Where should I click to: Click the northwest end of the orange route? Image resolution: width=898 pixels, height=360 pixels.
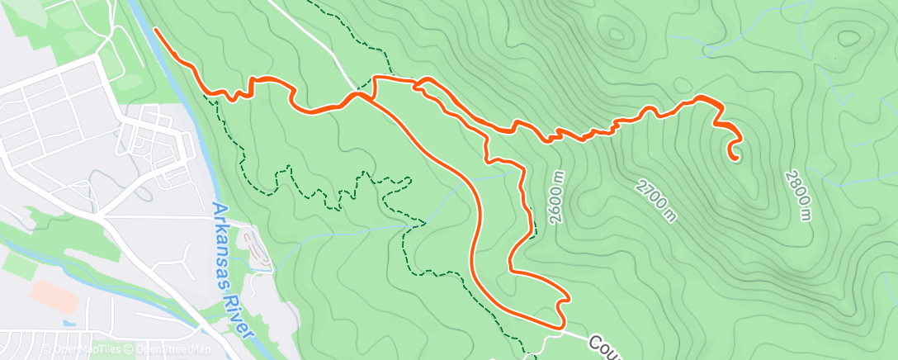pos(155,30)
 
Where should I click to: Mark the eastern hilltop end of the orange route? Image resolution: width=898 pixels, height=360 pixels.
pos(732,154)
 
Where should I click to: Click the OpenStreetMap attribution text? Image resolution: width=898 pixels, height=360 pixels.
pos(173,350)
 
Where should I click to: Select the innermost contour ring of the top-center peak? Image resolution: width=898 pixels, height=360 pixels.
pos(617,36)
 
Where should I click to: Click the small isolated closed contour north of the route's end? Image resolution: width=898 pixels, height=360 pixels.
pos(682,85)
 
